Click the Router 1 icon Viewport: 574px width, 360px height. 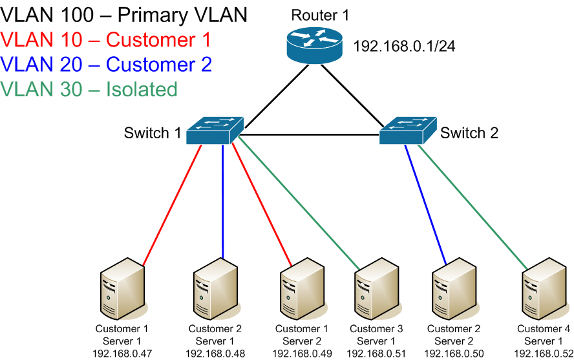pyautogui.click(x=314, y=46)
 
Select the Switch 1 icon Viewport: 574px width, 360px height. pyautogui.click(x=215, y=131)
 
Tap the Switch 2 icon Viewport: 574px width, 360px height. pyautogui.click(x=408, y=131)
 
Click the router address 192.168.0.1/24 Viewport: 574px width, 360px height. pyautogui.click(x=404, y=47)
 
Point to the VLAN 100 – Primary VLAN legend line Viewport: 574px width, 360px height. pyautogui.click(x=123, y=15)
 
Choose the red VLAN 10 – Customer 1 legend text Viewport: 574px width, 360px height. pyautogui.click(x=106, y=39)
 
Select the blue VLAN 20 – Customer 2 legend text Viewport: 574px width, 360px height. pyautogui.click(x=106, y=65)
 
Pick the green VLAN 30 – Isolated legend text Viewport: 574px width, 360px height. pyautogui.click(x=89, y=89)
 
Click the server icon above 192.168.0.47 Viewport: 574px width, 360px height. pyautogui.click(x=123, y=290)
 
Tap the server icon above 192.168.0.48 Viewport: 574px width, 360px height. pyautogui.click(x=216, y=290)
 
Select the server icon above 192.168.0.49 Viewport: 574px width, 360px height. pyautogui.click(x=303, y=290)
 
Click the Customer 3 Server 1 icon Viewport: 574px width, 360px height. pyautogui.click(x=377, y=290)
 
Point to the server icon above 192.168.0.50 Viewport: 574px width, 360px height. pyautogui.click(x=455, y=290)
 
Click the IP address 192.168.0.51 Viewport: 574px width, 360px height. pyautogui.click(x=376, y=354)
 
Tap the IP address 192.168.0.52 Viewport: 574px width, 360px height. pyautogui.click(x=544, y=354)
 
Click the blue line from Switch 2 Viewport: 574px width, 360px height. pyautogui.click(x=426, y=204)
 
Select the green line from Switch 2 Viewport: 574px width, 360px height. pyautogui.click(x=473, y=207)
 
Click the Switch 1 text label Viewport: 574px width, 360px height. pyautogui.click(x=153, y=132)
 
